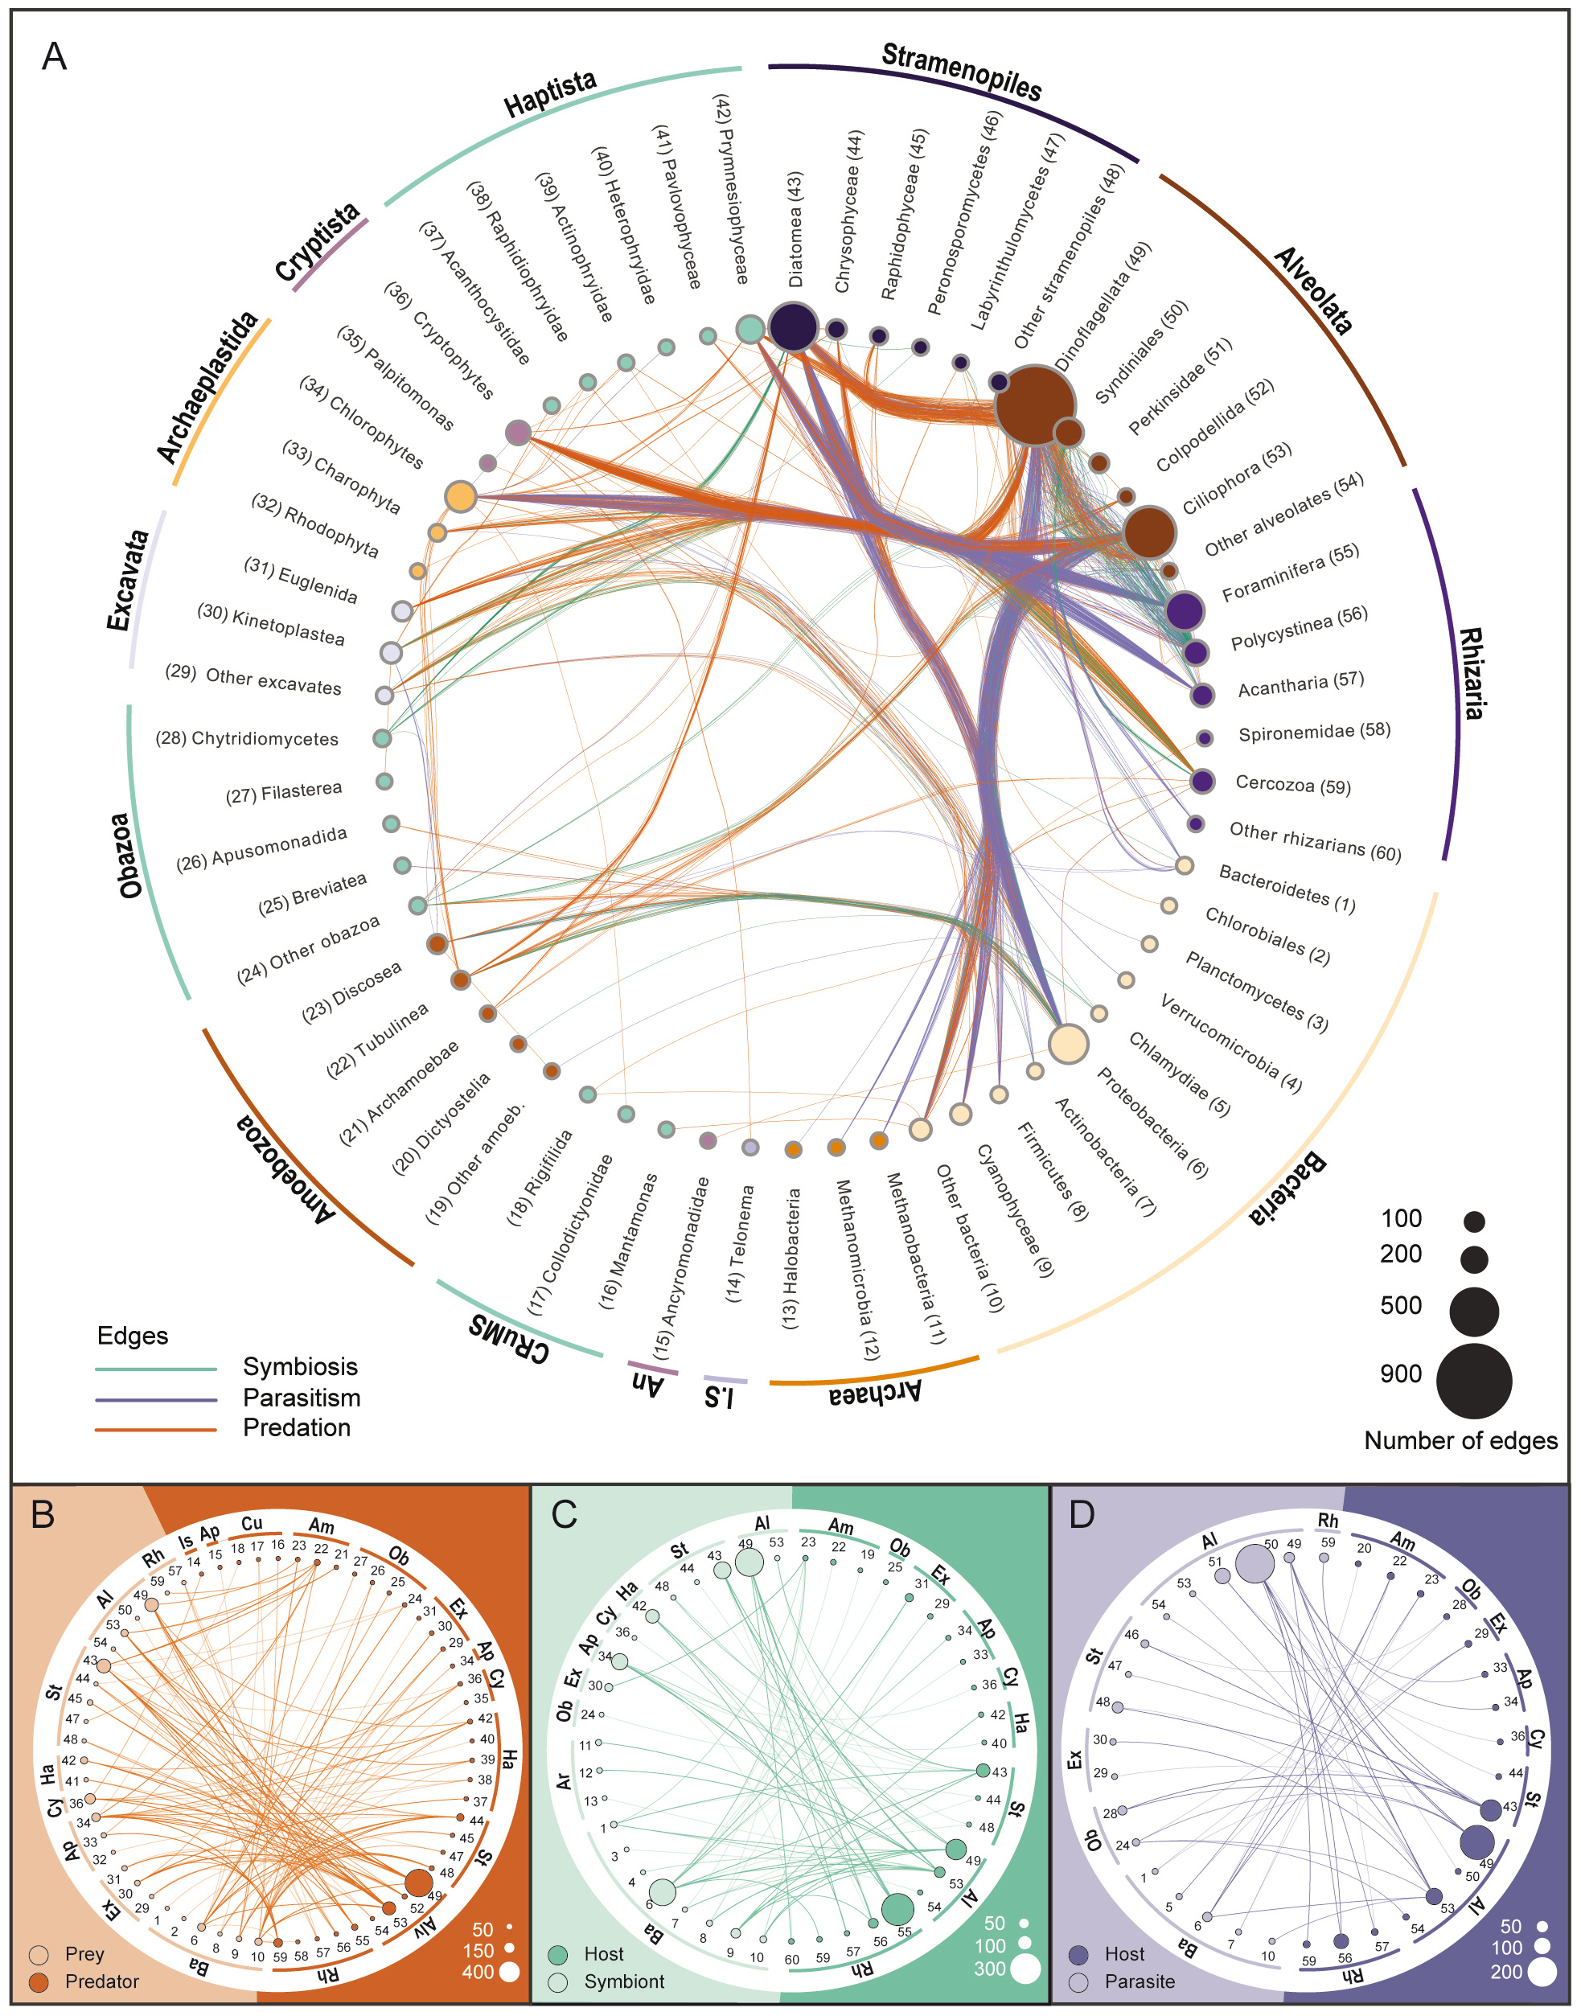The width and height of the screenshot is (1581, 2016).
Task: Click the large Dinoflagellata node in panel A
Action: tap(1034, 405)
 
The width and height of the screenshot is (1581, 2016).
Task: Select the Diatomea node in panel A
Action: tap(793, 326)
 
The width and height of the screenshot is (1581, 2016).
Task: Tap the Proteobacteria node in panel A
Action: tap(1068, 1043)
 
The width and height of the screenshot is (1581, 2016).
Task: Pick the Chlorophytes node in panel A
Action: tap(461, 496)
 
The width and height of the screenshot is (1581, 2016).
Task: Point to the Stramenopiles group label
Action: tap(961, 72)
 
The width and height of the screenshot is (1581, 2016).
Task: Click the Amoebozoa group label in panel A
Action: tap(286, 1169)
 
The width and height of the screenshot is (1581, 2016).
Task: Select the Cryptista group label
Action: tap(318, 243)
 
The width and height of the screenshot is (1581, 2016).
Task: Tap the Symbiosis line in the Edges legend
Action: tap(155, 1368)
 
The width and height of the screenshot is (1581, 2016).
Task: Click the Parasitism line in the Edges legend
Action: tap(155, 1398)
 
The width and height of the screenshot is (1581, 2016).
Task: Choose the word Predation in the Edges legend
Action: tap(296, 1428)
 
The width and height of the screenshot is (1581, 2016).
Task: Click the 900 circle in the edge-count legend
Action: tap(1473, 1381)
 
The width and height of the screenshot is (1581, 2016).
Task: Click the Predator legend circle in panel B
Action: tap(39, 1981)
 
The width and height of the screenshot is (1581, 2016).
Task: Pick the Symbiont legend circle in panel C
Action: tap(557, 1981)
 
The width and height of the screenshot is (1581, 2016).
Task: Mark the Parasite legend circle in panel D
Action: tap(1078, 1981)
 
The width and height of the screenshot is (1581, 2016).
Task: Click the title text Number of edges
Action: tap(1460, 1441)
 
